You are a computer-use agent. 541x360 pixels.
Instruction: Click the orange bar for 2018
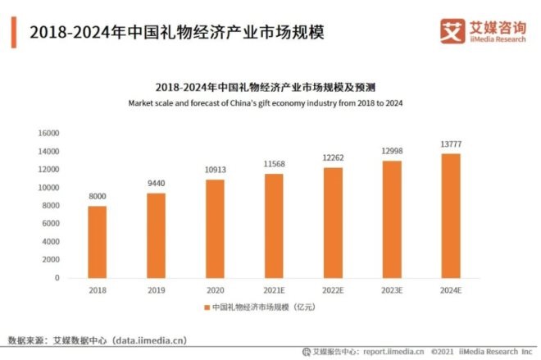(97, 242)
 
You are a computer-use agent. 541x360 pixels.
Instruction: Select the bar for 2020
(214, 229)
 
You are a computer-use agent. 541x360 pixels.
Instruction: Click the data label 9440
(156, 185)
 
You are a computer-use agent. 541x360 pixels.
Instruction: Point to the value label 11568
(273, 165)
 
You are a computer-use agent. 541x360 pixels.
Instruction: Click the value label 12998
(390, 152)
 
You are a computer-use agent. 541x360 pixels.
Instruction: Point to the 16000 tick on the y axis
(49, 133)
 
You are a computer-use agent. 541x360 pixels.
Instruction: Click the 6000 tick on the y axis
(52, 223)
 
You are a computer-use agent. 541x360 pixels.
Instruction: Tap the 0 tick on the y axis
(57, 278)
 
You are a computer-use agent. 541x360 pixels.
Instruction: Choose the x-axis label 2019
(156, 289)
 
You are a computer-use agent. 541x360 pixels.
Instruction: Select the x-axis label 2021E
(273, 289)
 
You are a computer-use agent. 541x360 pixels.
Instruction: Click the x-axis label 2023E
(390, 289)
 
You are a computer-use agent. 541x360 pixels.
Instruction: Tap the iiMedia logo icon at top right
(451, 32)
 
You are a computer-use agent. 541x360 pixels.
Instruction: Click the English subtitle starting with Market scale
(266, 103)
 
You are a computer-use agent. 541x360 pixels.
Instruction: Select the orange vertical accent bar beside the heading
(14, 32)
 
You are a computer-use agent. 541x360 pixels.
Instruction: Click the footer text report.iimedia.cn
(393, 351)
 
